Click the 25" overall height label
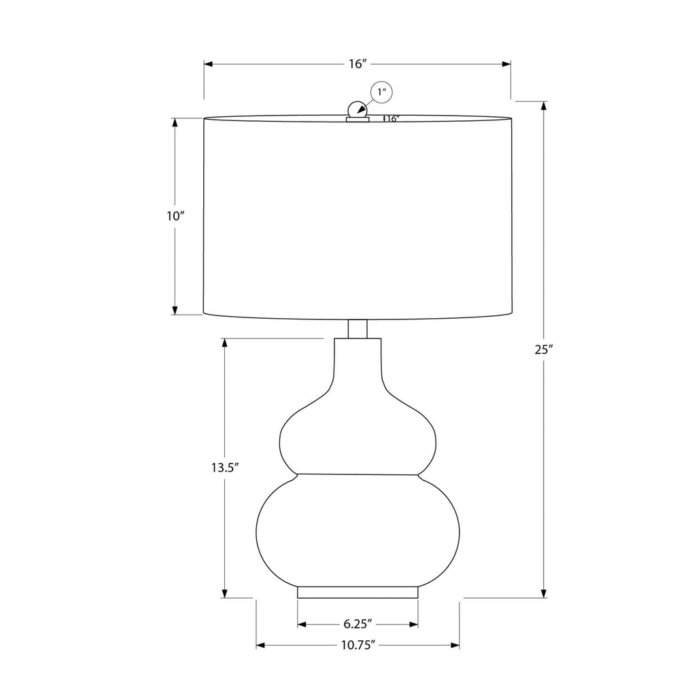pos(544,349)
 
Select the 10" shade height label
pos(175,216)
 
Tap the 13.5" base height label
pos(225,468)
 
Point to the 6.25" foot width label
pos(358,624)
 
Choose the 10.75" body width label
pos(358,645)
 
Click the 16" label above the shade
pos(358,64)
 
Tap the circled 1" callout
pos(382,92)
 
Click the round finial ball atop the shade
pos(358,109)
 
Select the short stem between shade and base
pos(358,329)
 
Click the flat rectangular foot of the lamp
pos(358,593)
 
